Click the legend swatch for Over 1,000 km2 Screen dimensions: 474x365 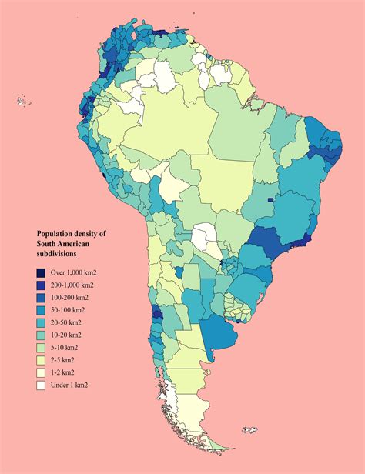[x=41, y=272]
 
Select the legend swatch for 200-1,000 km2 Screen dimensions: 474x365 [x=41, y=285]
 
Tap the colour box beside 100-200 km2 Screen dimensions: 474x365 [x=41, y=297]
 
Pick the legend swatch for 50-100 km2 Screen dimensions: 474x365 [x=41, y=309]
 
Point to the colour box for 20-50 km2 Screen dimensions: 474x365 [x=41, y=322]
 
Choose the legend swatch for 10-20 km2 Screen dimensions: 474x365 [x=41, y=335]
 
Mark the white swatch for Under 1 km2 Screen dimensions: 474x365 [x=41, y=385]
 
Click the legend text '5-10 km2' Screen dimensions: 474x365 [x=66, y=347]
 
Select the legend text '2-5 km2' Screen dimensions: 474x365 [x=65, y=359]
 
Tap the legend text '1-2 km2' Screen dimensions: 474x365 [x=65, y=372]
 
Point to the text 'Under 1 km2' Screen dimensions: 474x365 [x=72, y=385]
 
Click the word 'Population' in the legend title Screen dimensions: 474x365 [x=59, y=233]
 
